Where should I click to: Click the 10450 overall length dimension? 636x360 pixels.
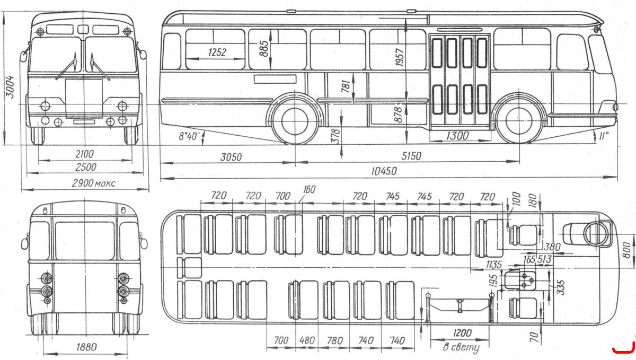click(384, 171)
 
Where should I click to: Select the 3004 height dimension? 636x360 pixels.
click(11, 86)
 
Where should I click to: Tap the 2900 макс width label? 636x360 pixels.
click(94, 183)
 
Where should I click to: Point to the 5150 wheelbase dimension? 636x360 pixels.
click(411, 156)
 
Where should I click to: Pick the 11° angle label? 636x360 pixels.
click(604, 136)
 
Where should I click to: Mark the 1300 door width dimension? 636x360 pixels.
click(457, 136)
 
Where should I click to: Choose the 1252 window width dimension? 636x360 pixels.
click(217, 52)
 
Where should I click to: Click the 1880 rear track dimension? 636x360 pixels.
click(86, 347)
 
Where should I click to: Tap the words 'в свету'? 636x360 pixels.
click(461, 347)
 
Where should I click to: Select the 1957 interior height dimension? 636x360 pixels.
click(400, 57)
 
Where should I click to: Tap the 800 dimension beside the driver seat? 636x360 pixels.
click(626, 250)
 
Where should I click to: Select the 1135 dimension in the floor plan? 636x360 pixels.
click(494, 265)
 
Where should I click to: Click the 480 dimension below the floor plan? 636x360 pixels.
click(307, 340)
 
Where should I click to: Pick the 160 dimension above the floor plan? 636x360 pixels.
click(309, 189)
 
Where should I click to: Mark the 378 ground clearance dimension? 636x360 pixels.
click(335, 136)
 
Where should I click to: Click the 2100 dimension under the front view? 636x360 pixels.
click(85, 154)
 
